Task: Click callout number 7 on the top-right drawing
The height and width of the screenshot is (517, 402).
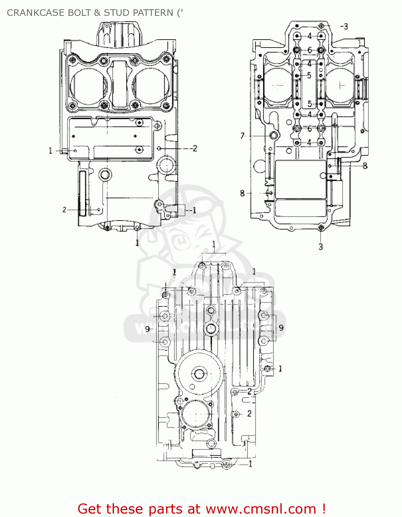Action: pos(242,136)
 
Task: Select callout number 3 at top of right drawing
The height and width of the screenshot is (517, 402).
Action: pos(346,27)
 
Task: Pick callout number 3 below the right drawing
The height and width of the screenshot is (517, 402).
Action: pos(321,247)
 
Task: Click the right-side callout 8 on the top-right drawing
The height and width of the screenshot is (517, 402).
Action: pos(365,166)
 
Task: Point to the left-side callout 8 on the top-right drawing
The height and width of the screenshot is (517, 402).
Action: pos(242,193)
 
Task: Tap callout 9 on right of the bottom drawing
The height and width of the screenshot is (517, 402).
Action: pos(281,327)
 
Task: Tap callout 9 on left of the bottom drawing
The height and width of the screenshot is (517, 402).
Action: pos(147,329)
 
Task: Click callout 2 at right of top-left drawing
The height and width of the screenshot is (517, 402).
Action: pos(195,148)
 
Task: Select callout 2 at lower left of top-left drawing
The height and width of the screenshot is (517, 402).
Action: pos(64,210)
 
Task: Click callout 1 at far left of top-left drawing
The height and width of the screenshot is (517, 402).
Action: pos(50,151)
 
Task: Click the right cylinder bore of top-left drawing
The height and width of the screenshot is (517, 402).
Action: pos(151,86)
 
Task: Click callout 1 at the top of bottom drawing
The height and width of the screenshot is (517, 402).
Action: pos(214,244)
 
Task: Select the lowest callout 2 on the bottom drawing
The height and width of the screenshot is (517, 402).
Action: pos(249,413)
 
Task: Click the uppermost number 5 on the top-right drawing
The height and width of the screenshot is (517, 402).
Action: pos(309,75)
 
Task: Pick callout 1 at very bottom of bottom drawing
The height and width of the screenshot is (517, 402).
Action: pos(250,464)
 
